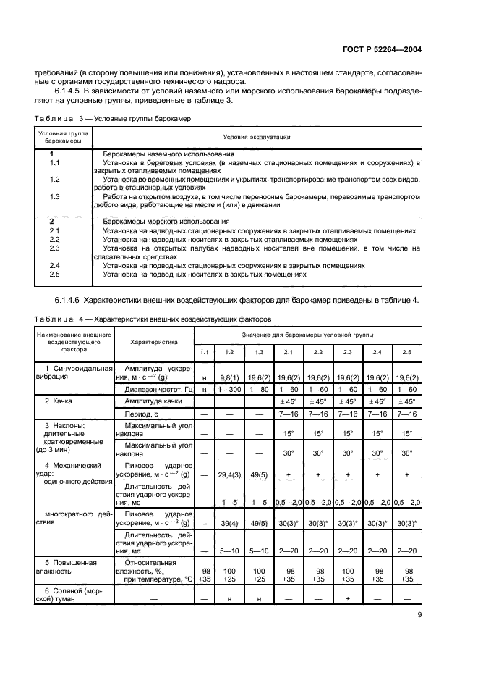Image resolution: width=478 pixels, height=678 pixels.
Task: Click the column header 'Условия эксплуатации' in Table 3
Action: pyautogui.click(x=257, y=136)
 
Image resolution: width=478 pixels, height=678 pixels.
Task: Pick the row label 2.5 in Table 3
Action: pyautogui.click(x=54, y=275)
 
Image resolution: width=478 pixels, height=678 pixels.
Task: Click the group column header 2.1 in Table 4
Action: pyautogui.click(x=288, y=351)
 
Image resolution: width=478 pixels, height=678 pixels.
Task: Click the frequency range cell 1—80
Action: pyautogui.click(x=257, y=390)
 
